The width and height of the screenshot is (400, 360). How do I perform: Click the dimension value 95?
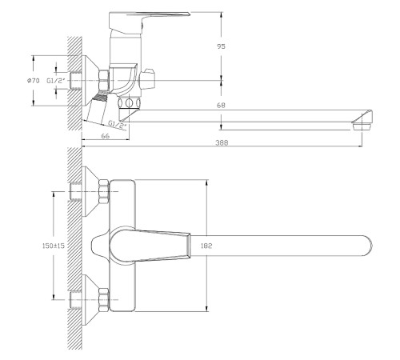(x=221, y=46)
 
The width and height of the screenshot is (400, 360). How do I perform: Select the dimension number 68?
(x=221, y=106)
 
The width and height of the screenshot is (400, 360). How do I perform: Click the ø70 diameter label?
(x=34, y=81)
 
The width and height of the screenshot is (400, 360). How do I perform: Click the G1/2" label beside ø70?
(x=56, y=81)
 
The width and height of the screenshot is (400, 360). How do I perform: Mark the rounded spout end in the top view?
(x=364, y=244)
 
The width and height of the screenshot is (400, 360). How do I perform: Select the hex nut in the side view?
(x=103, y=80)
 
